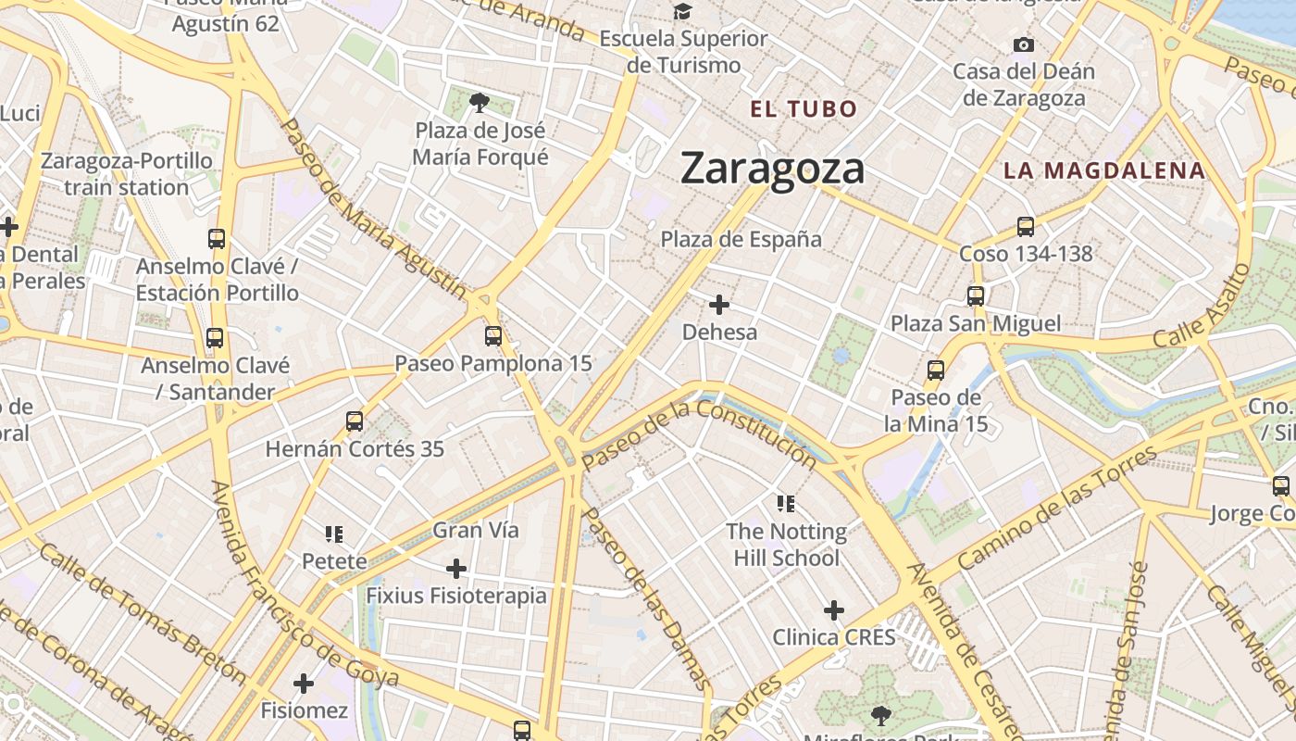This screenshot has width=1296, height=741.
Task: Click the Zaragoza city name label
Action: (772, 169)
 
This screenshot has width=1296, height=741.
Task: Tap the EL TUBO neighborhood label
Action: (804, 109)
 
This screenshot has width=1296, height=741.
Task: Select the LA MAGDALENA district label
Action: (1104, 170)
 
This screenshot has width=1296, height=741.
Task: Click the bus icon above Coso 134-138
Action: (1025, 226)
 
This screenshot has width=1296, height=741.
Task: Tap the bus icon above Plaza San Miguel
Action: (976, 296)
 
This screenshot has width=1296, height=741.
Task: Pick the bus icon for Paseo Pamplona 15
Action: (493, 336)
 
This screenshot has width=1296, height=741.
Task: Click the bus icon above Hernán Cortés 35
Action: (355, 421)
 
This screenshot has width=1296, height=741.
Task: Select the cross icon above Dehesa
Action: (719, 305)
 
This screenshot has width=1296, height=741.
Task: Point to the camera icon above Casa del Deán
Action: (1023, 44)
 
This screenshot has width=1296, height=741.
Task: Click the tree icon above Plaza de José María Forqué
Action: (480, 102)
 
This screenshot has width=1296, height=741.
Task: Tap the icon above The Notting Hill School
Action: (786, 504)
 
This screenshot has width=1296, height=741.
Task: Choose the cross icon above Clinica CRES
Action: (834, 610)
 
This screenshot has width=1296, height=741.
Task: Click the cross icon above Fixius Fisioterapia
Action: (456, 568)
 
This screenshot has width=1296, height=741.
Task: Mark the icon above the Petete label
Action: (334, 534)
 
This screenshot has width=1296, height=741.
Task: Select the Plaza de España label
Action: (741, 239)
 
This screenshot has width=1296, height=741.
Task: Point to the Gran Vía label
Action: (476, 531)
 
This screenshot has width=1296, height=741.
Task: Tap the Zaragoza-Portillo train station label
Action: (127, 174)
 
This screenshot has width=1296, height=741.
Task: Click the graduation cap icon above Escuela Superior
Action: (683, 12)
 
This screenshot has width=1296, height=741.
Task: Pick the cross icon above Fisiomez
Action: (304, 684)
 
